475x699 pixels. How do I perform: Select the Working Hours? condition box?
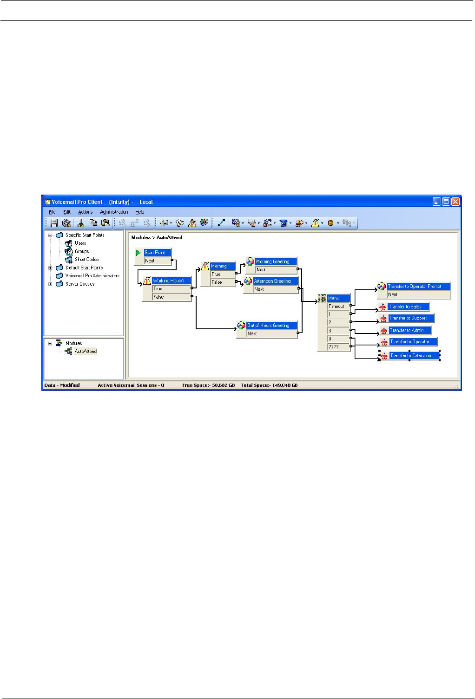[x=171, y=281]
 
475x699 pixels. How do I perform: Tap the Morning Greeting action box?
[x=276, y=261]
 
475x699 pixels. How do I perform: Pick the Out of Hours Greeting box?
[x=271, y=326]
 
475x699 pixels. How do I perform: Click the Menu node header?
[x=338, y=298]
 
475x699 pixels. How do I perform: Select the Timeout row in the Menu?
[x=338, y=307]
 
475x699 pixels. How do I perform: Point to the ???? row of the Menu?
[x=338, y=347]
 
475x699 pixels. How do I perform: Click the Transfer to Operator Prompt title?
[x=418, y=287]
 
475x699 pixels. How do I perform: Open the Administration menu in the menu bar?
[x=114, y=212]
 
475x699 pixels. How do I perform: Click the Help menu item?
[x=140, y=212]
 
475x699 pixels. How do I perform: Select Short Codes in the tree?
[x=86, y=260]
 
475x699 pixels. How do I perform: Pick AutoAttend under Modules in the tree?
[x=86, y=352]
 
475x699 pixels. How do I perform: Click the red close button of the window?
[x=455, y=202]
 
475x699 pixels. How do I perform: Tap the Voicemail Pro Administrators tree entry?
[x=92, y=276]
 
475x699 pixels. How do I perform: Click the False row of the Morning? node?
[x=222, y=282]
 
